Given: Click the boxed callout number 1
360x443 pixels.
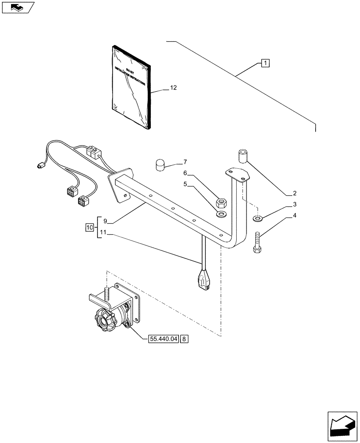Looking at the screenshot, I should (265, 62).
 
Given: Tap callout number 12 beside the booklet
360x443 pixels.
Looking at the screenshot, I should (173, 88).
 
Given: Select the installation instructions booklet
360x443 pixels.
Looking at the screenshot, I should (131, 87).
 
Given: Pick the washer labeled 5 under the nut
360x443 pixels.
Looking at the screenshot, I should (221, 215).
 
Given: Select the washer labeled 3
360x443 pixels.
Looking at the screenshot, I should (258, 218).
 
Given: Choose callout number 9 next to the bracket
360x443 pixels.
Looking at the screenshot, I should (105, 221).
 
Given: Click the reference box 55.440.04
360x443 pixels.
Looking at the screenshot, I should (162, 339).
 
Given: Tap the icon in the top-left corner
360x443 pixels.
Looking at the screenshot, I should (17, 7).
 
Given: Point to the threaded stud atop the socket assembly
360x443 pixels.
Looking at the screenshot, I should (107, 294).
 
